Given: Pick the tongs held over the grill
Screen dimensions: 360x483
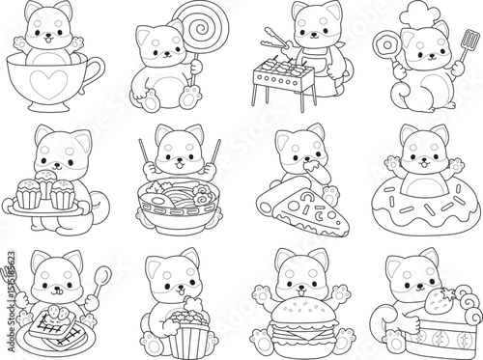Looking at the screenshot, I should point(273,42).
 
